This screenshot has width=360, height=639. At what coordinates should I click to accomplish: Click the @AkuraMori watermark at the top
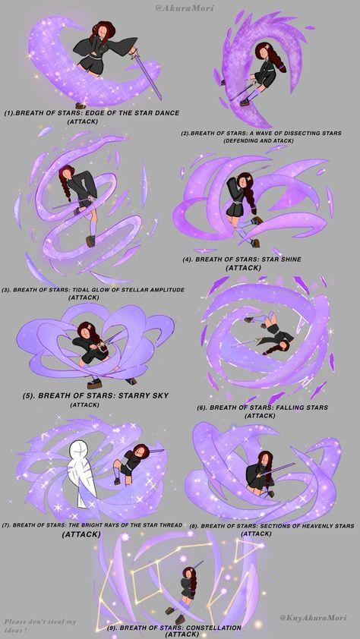[185, 8]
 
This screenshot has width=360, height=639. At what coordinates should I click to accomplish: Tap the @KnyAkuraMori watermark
[313, 618]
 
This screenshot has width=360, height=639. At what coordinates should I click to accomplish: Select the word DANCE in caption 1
[165, 113]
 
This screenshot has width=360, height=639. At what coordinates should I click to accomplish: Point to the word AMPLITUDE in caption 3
[166, 290]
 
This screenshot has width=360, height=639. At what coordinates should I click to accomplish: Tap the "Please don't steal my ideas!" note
[40, 626]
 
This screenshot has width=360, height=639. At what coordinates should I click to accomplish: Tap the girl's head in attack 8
[264, 458]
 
